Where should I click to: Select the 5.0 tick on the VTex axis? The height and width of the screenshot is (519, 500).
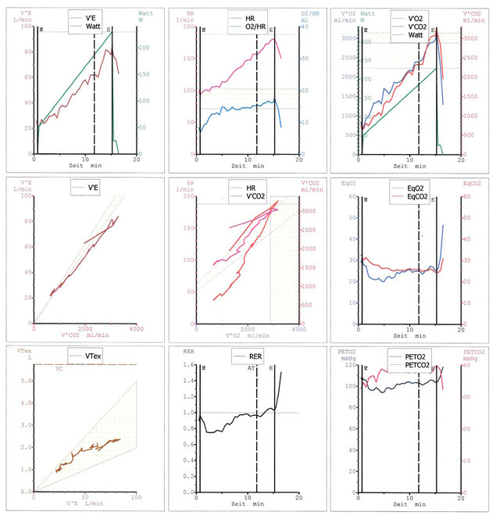point(26,381)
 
